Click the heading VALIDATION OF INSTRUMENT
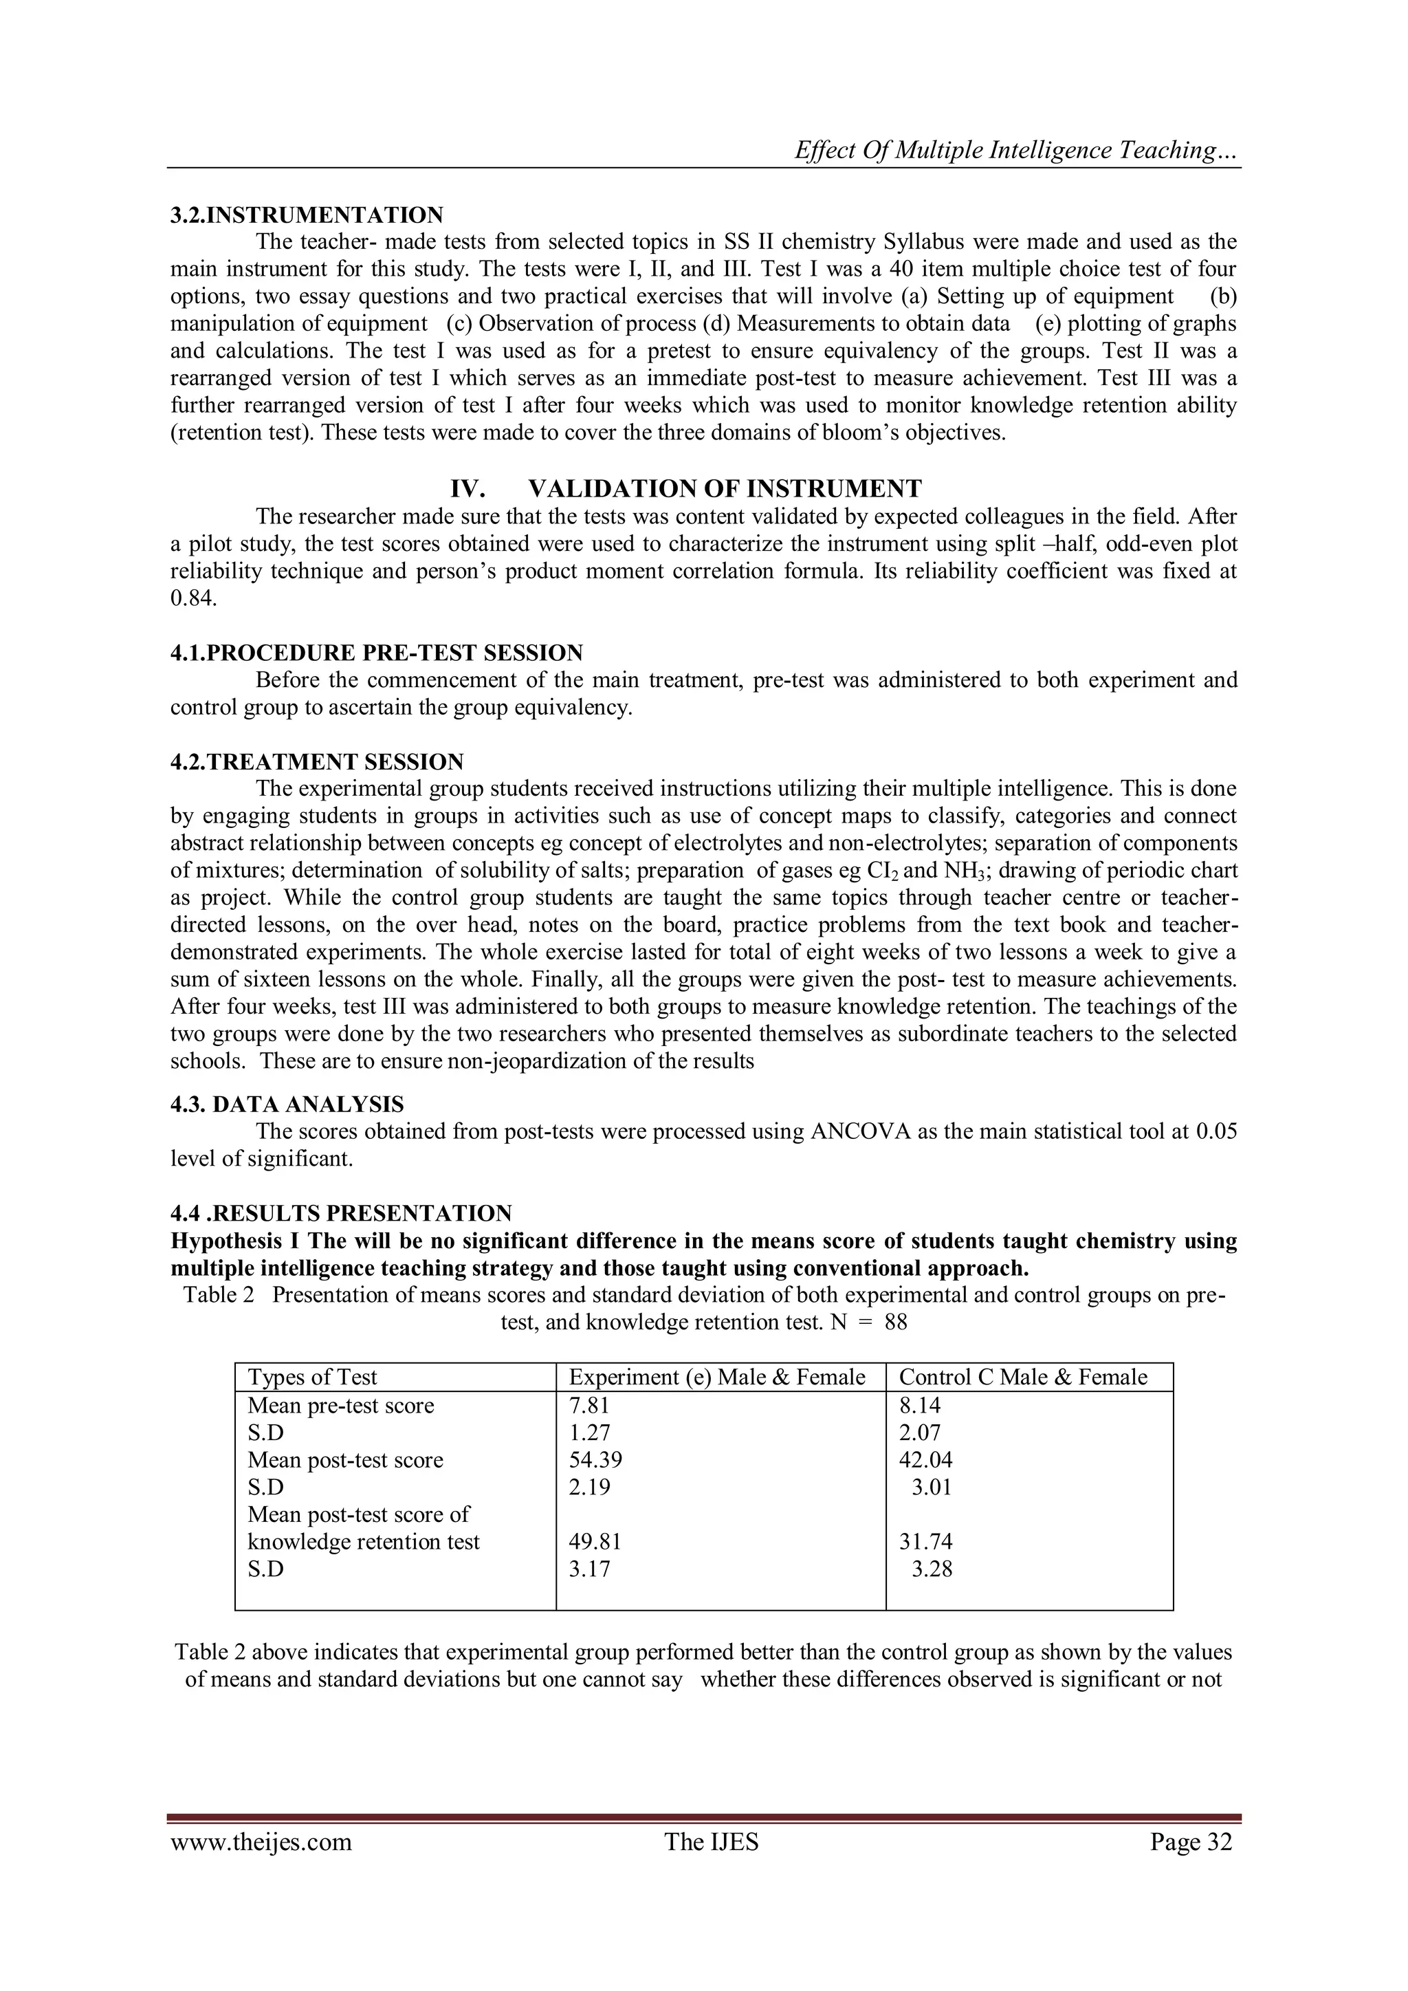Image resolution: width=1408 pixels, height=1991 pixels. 724,489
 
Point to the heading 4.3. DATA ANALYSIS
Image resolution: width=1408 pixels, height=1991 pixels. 287,1105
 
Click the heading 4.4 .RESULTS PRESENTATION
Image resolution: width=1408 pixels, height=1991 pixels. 341,1213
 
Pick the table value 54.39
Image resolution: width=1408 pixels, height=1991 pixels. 595,1459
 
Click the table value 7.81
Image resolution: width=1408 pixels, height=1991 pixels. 588,1405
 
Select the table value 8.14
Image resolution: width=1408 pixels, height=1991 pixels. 919,1405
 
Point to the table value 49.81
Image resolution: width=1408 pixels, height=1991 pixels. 595,1542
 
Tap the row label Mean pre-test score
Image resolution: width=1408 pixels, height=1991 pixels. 341,1405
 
